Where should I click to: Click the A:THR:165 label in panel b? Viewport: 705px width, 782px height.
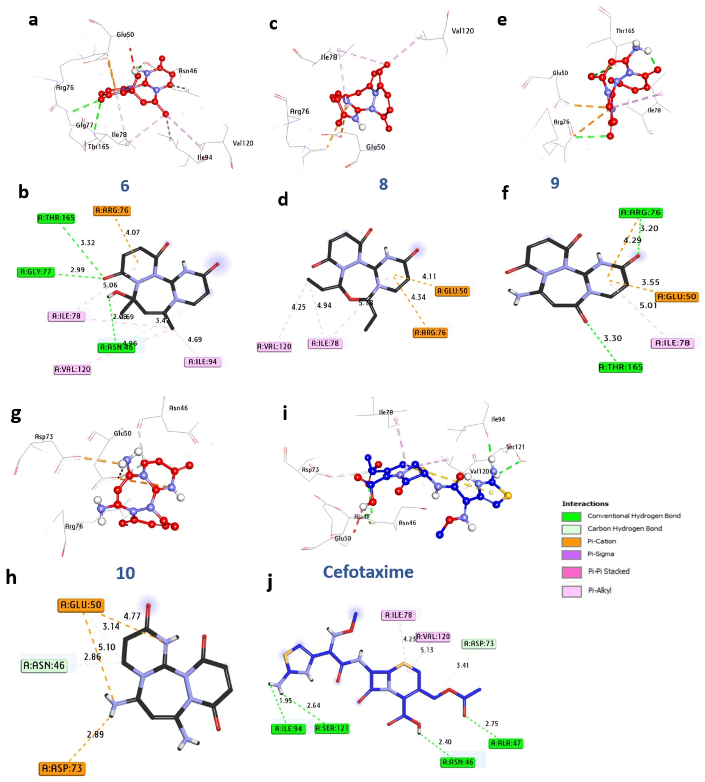[x=56, y=218]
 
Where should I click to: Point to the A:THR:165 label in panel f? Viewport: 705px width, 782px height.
[x=621, y=367]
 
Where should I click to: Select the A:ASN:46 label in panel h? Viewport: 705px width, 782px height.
[x=44, y=665]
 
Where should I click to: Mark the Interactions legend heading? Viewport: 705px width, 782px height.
[x=585, y=503]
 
